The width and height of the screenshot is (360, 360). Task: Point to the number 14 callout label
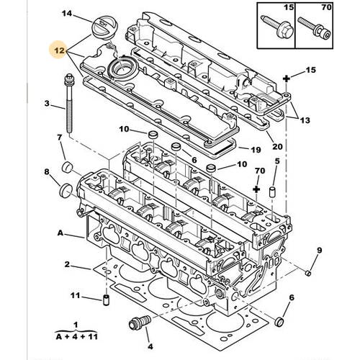(66, 14)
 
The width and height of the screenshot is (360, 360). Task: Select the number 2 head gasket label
(66, 266)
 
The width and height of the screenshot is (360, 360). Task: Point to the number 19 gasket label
(254, 150)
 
